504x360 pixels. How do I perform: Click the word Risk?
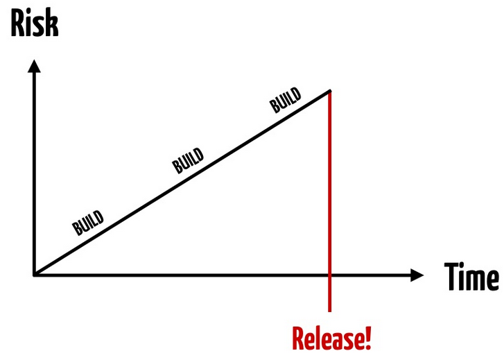click(x=35, y=23)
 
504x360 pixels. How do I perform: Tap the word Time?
click(x=472, y=277)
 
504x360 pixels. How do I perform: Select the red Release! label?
click(x=331, y=338)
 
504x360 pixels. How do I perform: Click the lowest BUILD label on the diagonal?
click(x=88, y=223)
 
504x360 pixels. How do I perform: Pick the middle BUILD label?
click(x=188, y=160)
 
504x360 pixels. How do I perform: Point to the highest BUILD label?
click(x=286, y=100)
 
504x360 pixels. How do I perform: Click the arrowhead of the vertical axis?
click(x=34, y=67)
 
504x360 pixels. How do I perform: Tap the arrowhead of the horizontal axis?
click(x=417, y=275)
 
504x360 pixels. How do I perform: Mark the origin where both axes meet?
click(x=34, y=275)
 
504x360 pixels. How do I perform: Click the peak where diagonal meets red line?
click(x=330, y=92)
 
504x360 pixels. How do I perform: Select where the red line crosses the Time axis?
click(x=329, y=275)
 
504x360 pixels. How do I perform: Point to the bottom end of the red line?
click(x=329, y=311)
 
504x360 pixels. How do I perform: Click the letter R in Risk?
click(x=19, y=24)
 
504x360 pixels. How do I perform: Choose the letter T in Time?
click(x=451, y=277)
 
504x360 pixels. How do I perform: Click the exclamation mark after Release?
click(x=368, y=338)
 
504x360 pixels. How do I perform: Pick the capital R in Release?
click(x=299, y=338)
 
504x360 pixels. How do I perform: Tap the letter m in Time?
click(x=476, y=280)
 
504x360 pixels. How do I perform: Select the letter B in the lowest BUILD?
click(x=77, y=230)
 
